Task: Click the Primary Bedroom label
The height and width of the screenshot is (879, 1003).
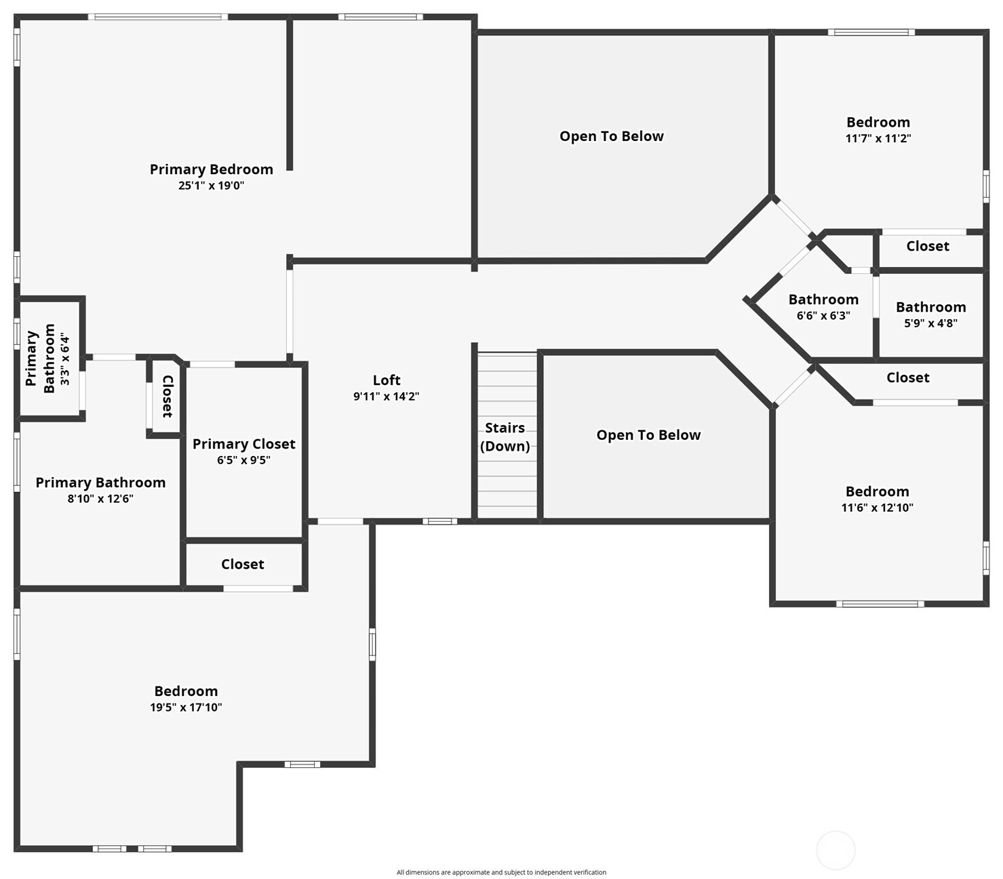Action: pyautogui.click(x=211, y=169)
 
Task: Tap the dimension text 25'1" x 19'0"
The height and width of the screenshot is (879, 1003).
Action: pyautogui.click(x=211, y=186)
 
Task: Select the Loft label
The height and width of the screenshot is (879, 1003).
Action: pyautogui.click(x=387, y=380)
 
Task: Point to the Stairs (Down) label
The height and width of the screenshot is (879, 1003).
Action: pyautogui.click(x=505, y=436)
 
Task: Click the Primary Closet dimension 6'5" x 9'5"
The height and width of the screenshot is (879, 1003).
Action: pyautogui.click(x=243, y=460)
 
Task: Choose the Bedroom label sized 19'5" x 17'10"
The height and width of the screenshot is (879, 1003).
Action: pyautogui.click(x=186, y=691)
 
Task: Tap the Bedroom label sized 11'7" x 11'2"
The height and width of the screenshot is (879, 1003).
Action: pyautogui.click(x=878, y=123)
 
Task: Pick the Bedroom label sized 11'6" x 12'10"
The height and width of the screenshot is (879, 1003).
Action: pyautogui.click(x=877, y=492)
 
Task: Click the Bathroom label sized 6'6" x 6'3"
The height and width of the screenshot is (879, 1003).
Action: pyautogui.click(x=823, y=300)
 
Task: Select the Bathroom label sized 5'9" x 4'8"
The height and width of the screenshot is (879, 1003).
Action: pyautogui.click(x=930, y=307)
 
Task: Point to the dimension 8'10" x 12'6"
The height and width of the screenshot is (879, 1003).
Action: pyautogui.click(x=100, y=499)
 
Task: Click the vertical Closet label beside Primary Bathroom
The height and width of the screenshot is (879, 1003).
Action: pyautogui.click(x=168, y=396)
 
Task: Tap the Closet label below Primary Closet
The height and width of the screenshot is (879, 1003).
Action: pyautogui.click(x=242, y=565)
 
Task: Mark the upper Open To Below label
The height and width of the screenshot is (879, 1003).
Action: pyautogui.click(x=611, y=136)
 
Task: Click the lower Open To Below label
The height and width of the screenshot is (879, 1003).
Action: pyautogui.click(x=648, y=435)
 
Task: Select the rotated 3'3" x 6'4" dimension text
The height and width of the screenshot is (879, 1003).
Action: pyautogui.click(x=65, y=359)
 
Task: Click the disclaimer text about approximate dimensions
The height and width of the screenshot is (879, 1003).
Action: pyautogui.click(x=501, y=872)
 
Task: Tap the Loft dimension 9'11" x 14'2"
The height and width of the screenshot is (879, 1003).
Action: pyautogui.click(x=386, y=396)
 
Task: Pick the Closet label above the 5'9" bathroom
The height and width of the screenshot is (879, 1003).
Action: pyautogui.click(x=928, y=246)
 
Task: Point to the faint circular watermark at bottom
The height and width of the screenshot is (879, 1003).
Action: pyautogui.click(x=835, y=850)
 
